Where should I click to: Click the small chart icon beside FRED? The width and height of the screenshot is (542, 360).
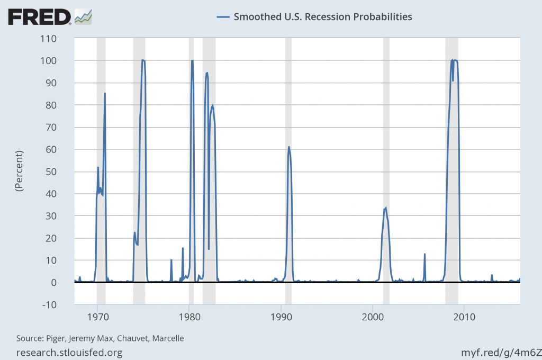tap(84, 16)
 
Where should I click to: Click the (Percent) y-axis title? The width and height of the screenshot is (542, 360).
tap(20, 171)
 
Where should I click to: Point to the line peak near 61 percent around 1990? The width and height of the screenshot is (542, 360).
tap(288, 147)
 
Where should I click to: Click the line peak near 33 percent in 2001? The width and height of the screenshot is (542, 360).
tap(386, 208)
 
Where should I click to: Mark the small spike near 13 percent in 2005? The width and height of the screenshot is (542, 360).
tap(424, 254)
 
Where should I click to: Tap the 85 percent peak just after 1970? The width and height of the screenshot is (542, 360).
tap(105, 94)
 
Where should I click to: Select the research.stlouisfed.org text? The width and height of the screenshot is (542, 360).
tap(70, 352)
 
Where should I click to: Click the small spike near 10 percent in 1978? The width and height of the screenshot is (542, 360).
tap(171, 260)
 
